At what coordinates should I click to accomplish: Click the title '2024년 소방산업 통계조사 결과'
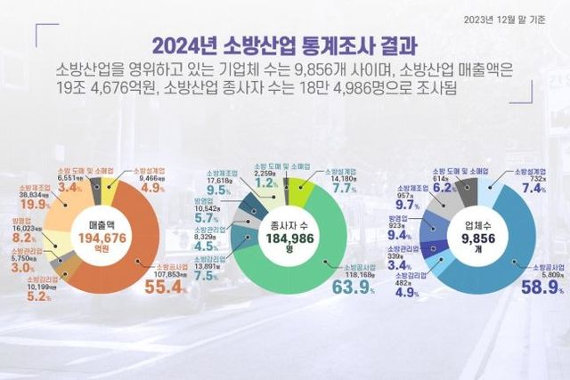pos(284,45)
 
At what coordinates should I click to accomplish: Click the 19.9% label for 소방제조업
pos(32,204)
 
